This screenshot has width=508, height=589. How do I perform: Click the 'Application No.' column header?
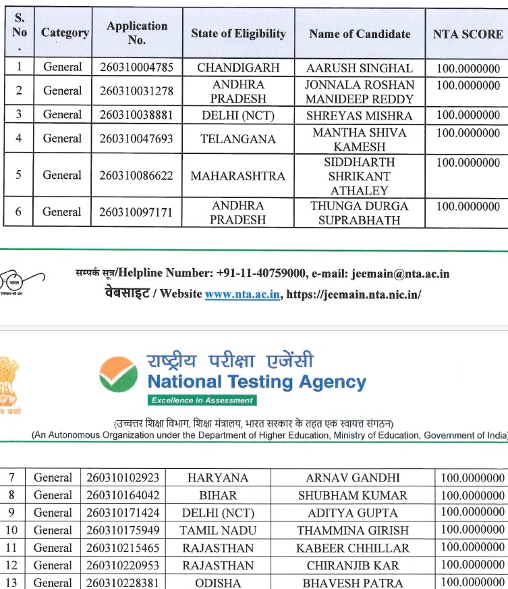tap(137, 32)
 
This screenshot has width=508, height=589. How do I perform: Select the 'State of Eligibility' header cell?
tap(238, 33)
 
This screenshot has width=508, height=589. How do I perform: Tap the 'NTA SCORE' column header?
tap(468, 34)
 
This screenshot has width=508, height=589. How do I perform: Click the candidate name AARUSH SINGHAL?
tap(360, 68)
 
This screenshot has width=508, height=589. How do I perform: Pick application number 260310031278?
tap(136, 91)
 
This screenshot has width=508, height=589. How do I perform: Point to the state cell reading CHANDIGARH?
tap(238, 68)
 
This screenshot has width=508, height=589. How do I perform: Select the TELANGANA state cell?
tap(238, 139)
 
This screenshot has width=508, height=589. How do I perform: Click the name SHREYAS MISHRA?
tap(360, 116)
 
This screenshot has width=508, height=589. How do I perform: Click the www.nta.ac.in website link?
tap(243, 294)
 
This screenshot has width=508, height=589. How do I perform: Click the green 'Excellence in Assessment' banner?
tap(202, 401)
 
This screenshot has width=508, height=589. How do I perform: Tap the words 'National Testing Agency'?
tap(256, 382)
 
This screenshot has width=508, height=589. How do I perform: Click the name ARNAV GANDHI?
tap(353, 478)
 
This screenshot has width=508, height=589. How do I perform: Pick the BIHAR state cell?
tap(218, 495)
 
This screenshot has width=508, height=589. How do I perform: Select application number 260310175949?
tap(123, 530)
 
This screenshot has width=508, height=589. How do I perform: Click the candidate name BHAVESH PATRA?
tap(353, 582)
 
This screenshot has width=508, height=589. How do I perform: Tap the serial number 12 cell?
tap(12, 565)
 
